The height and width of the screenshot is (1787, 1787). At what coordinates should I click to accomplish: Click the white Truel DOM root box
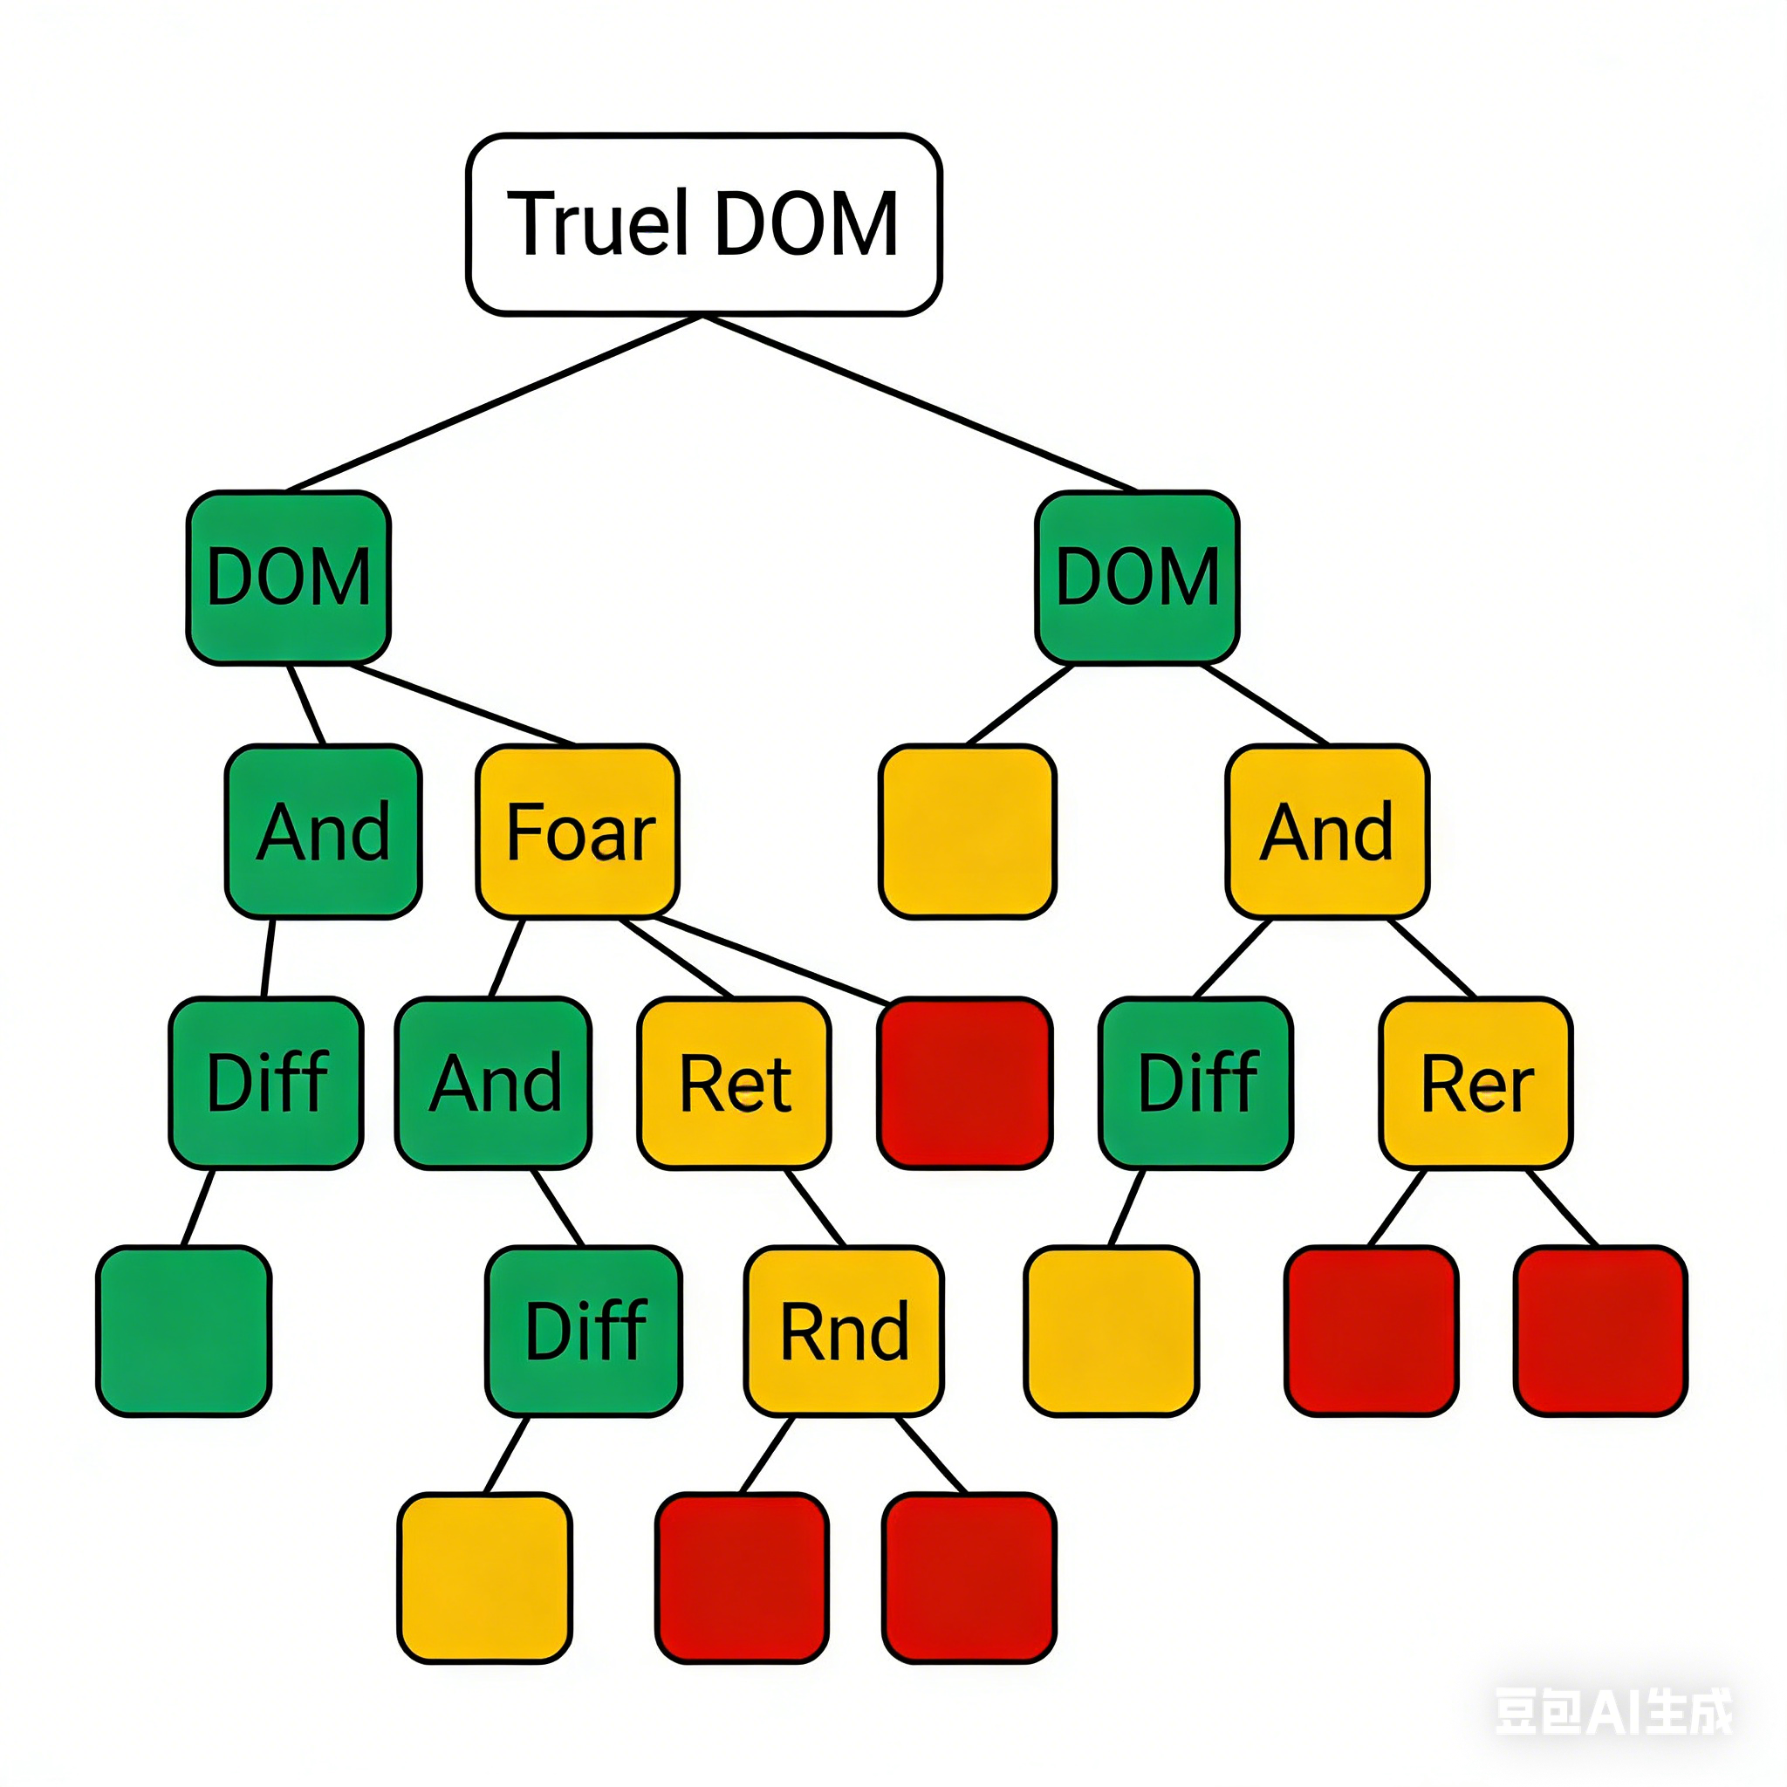coord(704,224)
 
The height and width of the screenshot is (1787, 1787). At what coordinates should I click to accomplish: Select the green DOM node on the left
coord(289,577)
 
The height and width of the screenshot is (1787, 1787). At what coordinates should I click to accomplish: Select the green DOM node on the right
coord(1137,577)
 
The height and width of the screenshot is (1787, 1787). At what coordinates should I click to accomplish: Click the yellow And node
coord(1327,832)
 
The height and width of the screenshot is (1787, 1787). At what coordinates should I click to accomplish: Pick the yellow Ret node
coord(735,1083)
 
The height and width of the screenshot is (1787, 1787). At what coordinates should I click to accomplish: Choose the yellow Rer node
coord(1475,1083)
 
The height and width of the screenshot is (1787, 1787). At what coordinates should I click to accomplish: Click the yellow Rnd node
coord(844,1331)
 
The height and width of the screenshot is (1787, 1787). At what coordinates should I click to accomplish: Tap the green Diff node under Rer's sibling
coord(1196,1083)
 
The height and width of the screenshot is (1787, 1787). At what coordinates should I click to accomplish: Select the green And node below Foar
coord(494,1083)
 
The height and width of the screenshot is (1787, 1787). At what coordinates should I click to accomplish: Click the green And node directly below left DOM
coord(324,832)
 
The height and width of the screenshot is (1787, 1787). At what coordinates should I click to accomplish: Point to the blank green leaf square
coord(184,1331)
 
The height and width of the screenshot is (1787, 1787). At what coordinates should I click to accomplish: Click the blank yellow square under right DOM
coord(968,832)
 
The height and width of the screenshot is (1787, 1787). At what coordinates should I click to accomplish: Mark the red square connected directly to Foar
coord(965,1083)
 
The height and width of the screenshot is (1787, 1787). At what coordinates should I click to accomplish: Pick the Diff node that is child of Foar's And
coord(584,1331)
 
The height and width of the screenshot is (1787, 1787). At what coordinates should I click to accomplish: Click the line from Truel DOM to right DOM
coord(921,403)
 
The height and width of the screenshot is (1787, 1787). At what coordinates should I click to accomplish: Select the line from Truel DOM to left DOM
coord(495,403)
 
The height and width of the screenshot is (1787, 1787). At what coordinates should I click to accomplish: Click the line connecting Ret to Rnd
coord(814,1208)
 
